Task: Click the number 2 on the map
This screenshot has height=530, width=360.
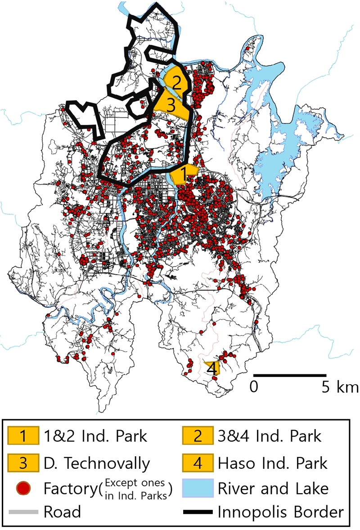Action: [x=176, y=83]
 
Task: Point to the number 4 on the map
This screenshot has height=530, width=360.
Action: [x=211, y=369]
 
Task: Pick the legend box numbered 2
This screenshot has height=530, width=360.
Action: [x=197, y=436]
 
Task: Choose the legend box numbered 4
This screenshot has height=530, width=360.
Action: [x=197, y=462]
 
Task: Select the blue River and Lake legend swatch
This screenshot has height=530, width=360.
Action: [x=197, y=487]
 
